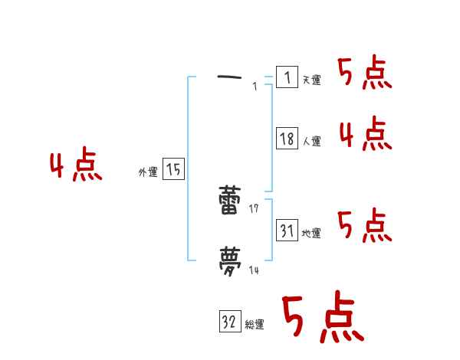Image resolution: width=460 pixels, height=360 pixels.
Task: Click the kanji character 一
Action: (231, 77)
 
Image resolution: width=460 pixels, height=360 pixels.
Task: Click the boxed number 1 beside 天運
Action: (287, 77)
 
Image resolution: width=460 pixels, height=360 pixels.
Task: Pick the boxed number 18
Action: (287, 139)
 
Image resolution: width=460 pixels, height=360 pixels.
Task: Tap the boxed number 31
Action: (287, 230)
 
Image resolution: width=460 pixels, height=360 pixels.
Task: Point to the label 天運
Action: (311, 80)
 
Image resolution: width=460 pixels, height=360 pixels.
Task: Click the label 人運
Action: (311, 141)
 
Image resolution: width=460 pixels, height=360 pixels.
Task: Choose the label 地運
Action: (311, 233)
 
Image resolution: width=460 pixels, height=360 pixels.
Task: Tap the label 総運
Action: (255, 324)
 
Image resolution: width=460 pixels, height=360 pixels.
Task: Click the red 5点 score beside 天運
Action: (364, 74)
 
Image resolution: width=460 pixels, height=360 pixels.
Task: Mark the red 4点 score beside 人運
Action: (365, 135)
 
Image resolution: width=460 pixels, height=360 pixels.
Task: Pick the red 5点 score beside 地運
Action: (364, 226)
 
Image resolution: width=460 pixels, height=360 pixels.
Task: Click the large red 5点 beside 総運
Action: (322, 318)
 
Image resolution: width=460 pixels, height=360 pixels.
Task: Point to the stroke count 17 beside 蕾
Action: (255, 209)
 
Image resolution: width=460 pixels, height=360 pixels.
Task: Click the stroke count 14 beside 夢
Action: (255, 269)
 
